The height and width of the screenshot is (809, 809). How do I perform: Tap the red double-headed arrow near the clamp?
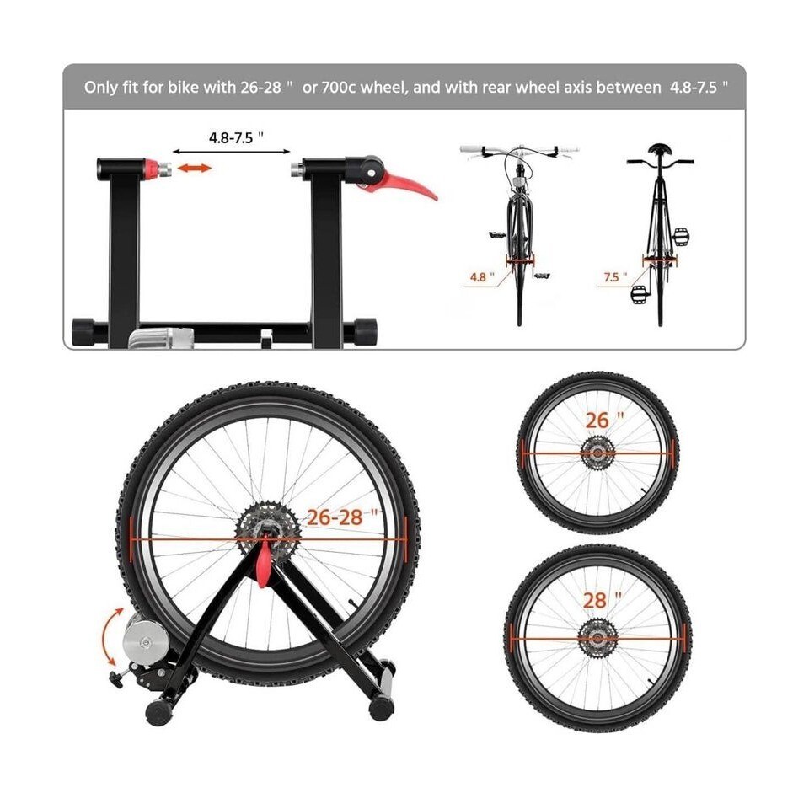coord(194,169)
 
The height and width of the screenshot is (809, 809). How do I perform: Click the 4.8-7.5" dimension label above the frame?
coord(236,137)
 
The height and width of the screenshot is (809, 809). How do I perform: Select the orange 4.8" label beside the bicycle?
coord(482,277)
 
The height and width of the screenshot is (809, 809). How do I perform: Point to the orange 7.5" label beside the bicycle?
coord(615,277)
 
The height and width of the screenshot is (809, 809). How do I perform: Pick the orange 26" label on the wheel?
coord(604,420)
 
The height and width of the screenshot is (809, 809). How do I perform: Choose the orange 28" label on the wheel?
coord(602,600)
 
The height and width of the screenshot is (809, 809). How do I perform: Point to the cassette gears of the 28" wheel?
coord(597,639)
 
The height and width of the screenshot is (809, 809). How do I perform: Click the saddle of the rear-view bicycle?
coord(660,150)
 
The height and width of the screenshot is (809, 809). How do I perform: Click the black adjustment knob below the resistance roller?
coord(115,679)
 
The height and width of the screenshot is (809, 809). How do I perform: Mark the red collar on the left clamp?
coord(151,169)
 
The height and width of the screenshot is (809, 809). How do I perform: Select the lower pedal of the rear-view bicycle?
coord(639,294)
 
